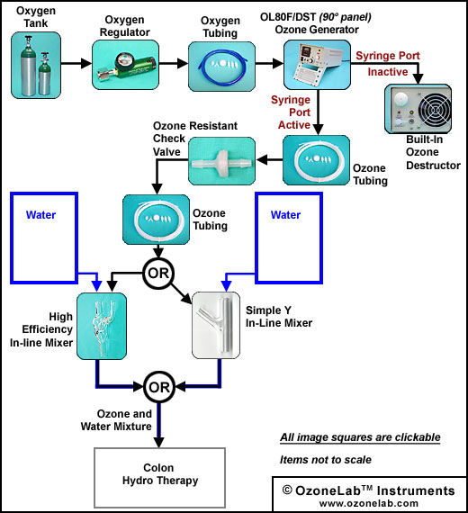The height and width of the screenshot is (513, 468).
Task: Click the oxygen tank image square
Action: tap(36, 65)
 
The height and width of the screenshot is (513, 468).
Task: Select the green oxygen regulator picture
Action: tap(125, 65)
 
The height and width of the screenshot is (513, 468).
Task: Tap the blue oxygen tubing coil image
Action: tap(221, 67)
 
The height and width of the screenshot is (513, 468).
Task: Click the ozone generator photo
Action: tap(317, 65)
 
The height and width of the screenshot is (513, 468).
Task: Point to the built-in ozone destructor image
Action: tap(418, 109)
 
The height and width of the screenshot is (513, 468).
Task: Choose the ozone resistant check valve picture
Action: tap(222, 161)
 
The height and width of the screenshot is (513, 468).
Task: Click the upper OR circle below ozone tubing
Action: tap(158, 274)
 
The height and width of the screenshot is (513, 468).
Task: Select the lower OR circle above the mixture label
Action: tap(159, 387)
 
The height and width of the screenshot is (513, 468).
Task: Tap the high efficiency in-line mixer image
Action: tap(102, 326)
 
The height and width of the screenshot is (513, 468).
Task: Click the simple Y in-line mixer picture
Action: tap(216, 326)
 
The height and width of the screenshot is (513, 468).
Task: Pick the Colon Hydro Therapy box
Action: tap(159, 478)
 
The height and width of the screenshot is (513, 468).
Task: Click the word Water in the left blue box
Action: tap(40, 215)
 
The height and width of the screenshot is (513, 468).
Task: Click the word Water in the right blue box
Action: tap(285, 215)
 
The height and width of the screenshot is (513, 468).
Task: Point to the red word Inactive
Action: tap(388, 72)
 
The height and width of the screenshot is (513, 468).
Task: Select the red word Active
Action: tap(294, 125)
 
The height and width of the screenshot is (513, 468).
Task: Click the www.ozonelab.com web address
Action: tap(369, 503)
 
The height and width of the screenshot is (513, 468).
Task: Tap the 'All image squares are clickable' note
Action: tap(360, 437)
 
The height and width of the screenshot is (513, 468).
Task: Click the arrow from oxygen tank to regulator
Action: tap(76, 63)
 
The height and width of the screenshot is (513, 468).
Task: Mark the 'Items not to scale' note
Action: tap(326, 460)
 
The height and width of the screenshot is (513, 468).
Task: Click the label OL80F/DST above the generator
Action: tap(288, 17)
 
